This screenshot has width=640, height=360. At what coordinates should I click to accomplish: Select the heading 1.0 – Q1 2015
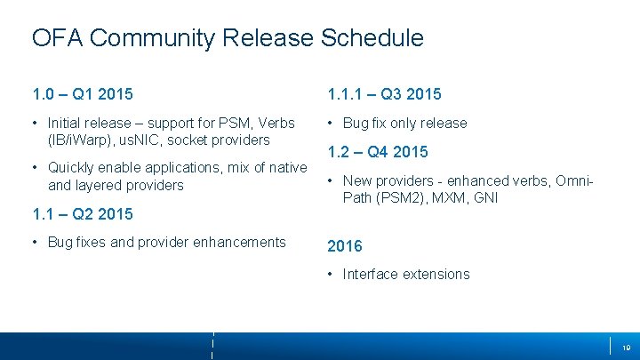point(83,94)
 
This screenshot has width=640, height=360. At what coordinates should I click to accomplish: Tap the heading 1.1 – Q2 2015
point(83,213)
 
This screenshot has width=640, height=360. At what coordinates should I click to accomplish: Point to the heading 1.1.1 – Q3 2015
point(384,94)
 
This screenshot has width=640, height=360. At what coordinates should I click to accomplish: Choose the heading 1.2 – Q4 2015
point(378,152)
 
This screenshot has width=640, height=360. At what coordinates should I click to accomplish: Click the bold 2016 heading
point(346,245)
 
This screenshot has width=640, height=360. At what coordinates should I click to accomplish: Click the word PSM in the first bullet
point(236,123)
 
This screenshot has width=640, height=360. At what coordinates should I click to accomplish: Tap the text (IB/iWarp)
point(85,140)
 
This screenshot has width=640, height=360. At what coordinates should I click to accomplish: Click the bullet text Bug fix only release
point(404,123)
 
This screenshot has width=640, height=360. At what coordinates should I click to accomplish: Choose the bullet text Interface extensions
point(406,274)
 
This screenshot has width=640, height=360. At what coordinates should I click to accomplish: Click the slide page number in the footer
point(625,346)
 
